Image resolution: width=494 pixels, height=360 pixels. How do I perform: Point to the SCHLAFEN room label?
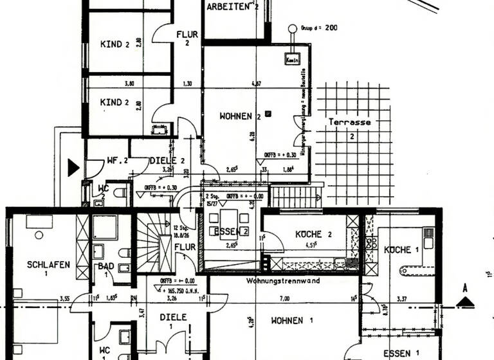(48, 264)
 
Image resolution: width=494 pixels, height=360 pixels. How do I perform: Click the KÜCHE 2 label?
(313, 234)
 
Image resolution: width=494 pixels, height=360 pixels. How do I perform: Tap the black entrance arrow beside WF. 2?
(73, 168)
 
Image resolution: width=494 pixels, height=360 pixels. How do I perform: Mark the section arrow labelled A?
(464, 300)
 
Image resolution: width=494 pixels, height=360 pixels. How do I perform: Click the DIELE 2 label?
(167, 161)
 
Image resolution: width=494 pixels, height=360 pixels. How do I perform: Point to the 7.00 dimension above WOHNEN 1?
(284, 298)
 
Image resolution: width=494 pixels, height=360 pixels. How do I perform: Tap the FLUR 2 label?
(187, 39)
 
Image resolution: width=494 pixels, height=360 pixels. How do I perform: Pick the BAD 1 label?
(105, 271)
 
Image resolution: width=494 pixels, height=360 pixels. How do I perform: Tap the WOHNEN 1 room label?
(291, 320)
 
